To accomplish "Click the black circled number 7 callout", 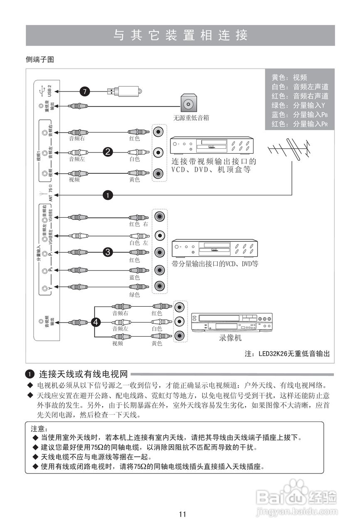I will point(85,92).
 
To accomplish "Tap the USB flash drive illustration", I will point(124,91).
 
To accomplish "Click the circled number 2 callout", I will point(108,152).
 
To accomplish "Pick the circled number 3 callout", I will point(108,252).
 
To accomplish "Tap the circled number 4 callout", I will point(96,322).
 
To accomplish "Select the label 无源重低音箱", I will point(191,118).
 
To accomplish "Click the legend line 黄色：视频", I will point(289,77).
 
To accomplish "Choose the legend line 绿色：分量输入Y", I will point(298,105).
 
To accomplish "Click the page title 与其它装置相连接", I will point(180,35).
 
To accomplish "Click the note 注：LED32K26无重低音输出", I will point(288,354).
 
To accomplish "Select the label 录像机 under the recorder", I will point(230,338).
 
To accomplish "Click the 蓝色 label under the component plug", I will point(134,277).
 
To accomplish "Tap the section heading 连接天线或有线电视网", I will point(83,374).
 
